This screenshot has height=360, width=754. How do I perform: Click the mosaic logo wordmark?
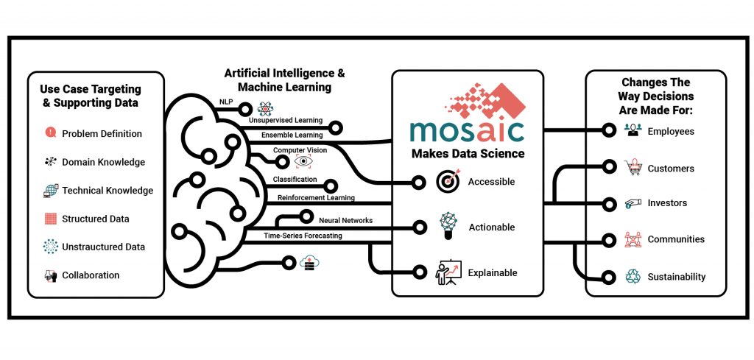click(467, 132)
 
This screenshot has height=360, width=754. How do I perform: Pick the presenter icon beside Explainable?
click(448, 273)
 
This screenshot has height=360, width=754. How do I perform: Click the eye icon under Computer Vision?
click(303, 162)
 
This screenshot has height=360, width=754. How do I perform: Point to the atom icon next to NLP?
click(265, 109)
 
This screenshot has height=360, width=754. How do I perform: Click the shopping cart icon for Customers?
click(633, 169)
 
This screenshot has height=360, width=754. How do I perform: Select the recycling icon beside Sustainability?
click(632, 276)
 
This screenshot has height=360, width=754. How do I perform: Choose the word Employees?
click(671, 131)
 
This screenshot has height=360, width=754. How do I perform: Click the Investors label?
click(667, 203)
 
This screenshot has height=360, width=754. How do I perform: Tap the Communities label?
click(676, 239)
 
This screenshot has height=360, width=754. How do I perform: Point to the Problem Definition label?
click(102, 133)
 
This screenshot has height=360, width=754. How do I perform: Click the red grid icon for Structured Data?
click(51, 219)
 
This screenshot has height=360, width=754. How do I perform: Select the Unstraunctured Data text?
click(103, 247)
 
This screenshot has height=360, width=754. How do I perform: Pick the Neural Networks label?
click(345, 221)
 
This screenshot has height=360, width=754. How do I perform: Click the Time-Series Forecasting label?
click(303, 236)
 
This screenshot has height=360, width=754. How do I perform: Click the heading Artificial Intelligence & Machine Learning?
click(285, 80)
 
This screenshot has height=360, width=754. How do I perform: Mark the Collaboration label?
click(91, 275)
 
